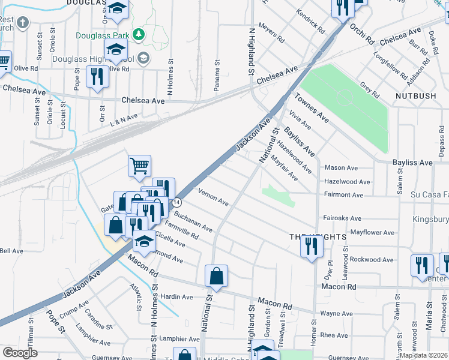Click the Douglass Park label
103,35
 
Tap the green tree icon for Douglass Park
139,34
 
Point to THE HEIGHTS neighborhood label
318,237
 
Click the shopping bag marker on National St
216,276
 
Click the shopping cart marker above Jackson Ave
139,165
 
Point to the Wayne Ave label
336,313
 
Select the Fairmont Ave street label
343,195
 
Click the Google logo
20,352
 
